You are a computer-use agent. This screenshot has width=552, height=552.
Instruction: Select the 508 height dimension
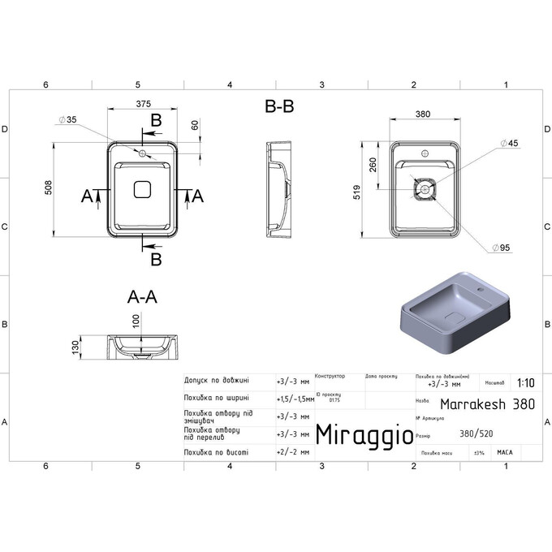pyautogui.click(x=49, y=188)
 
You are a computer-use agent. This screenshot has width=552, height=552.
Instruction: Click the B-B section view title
pyautogui.click(x=279, y=107)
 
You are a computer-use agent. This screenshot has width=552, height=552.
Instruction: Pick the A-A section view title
pyautogui.click(x=142, y=297)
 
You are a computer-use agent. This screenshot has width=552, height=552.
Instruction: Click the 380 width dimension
pyautogui.click(x=424, y=114)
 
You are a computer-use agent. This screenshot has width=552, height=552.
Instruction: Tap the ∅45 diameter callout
pyautogui.click(x=511, y=144)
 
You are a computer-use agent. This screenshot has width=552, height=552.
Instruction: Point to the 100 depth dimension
pyautogui.click(x=136, y=321)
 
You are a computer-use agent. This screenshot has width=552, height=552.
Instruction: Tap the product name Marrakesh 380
pyautogui.click(x=487, y=403)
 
